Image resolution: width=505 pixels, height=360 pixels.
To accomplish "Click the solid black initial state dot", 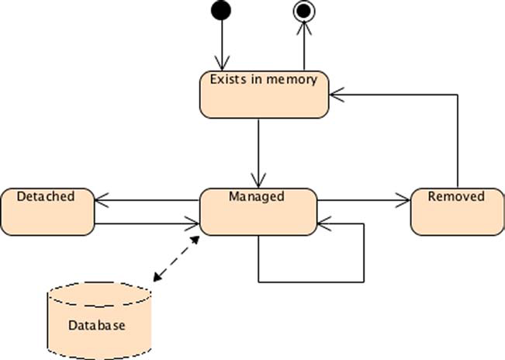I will [221, 11].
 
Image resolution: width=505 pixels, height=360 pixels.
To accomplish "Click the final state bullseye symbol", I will [304, 11].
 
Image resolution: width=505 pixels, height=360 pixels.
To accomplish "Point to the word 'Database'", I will [96, 326].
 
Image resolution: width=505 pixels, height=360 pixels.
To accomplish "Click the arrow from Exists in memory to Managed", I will [258, 151].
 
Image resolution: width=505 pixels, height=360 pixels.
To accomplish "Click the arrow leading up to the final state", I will [304, 47].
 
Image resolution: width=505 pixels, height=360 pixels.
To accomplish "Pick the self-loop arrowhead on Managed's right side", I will [323, 224].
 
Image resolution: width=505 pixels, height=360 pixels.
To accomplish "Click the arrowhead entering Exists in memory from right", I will [334, 95].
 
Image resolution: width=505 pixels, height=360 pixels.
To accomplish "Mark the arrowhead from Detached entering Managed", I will [194, 225].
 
